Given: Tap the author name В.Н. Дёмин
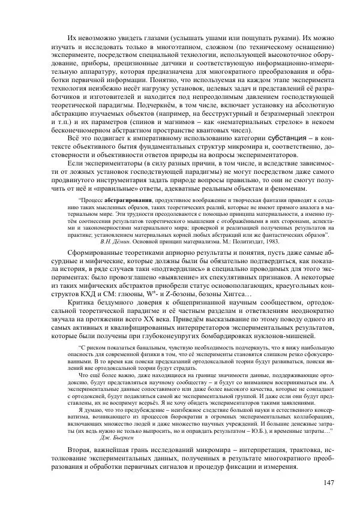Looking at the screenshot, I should coord(133,240).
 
